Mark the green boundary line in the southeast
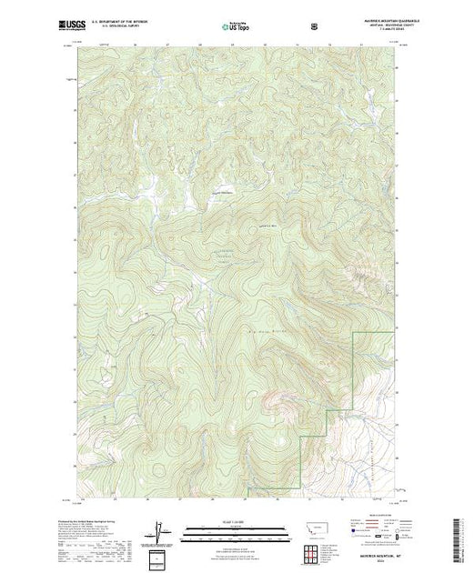[x=353, y=373]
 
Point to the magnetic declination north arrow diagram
[x=160, y=530]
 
